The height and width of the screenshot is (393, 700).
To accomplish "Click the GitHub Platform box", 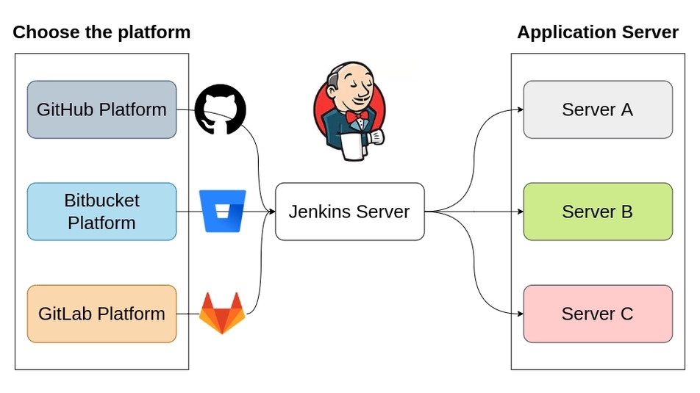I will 101,109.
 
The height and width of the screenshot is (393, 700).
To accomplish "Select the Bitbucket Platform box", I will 101,212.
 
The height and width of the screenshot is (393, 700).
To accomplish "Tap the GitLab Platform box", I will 101,314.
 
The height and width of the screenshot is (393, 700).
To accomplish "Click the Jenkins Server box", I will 349,212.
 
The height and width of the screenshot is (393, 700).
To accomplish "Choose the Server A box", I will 597,109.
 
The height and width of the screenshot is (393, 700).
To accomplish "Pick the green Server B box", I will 597,212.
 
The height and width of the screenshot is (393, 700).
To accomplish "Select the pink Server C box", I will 597,314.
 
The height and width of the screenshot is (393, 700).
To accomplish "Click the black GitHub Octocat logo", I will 221,109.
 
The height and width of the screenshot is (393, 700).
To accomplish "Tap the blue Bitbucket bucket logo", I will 222,211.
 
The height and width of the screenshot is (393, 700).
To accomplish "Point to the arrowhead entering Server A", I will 519,110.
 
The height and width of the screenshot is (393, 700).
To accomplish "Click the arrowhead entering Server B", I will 519,212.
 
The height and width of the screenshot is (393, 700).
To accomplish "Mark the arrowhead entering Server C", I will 519,314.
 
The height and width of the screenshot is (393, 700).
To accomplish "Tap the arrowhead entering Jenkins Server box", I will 271,212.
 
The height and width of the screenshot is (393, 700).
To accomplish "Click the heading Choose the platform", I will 101,32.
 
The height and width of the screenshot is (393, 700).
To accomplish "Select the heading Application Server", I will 597,32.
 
